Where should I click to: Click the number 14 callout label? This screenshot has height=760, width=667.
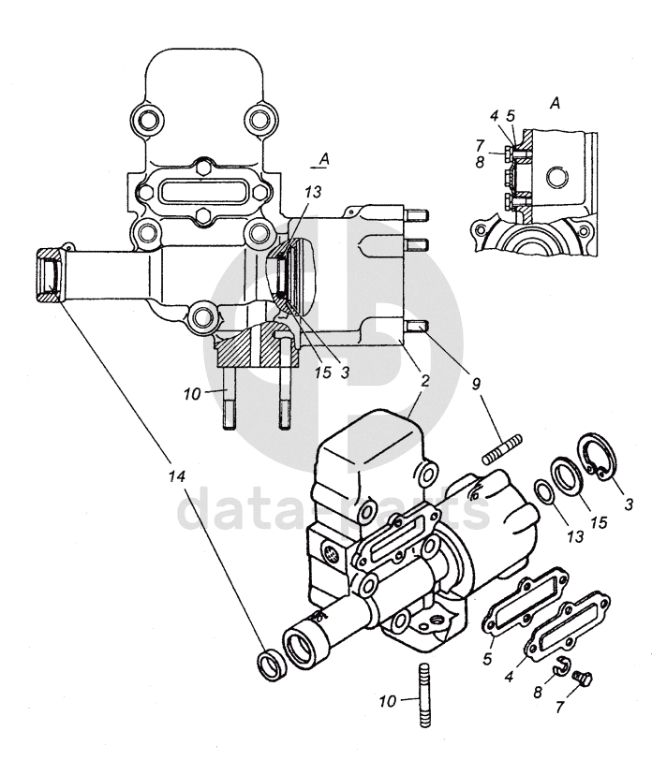pyautogui.click(x=177, y=476)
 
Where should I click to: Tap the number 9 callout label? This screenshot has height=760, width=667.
pyautogui.click(x=476, y=384)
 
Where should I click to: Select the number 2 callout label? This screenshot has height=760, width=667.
pyautogui.click(x=425, y=381)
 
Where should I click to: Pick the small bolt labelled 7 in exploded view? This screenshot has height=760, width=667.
pyautogui.click(x=582, y=679)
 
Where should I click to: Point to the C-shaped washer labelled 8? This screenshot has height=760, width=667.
pyautogui.click(x=562, y=667)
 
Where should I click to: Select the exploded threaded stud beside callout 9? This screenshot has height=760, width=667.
pyautogui.click(x=502, y=449)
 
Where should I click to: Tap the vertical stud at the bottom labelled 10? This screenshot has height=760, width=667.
pyautogui.click(x=422, y=695)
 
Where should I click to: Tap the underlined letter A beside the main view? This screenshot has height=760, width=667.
pyautogui.click(x=324, y=159)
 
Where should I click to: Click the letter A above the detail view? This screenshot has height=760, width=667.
pyautogui.click(x=556, y=103)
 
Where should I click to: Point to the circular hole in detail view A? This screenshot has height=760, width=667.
pyautogui.click(x=556, y=177)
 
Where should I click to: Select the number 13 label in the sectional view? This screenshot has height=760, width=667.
pyautogui.click(x=313, y=192)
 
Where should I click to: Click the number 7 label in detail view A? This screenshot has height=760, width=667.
pyautogui.click(x=480, y=145)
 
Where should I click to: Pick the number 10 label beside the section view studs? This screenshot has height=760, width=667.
pyautogui.click(x=192, y=394)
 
